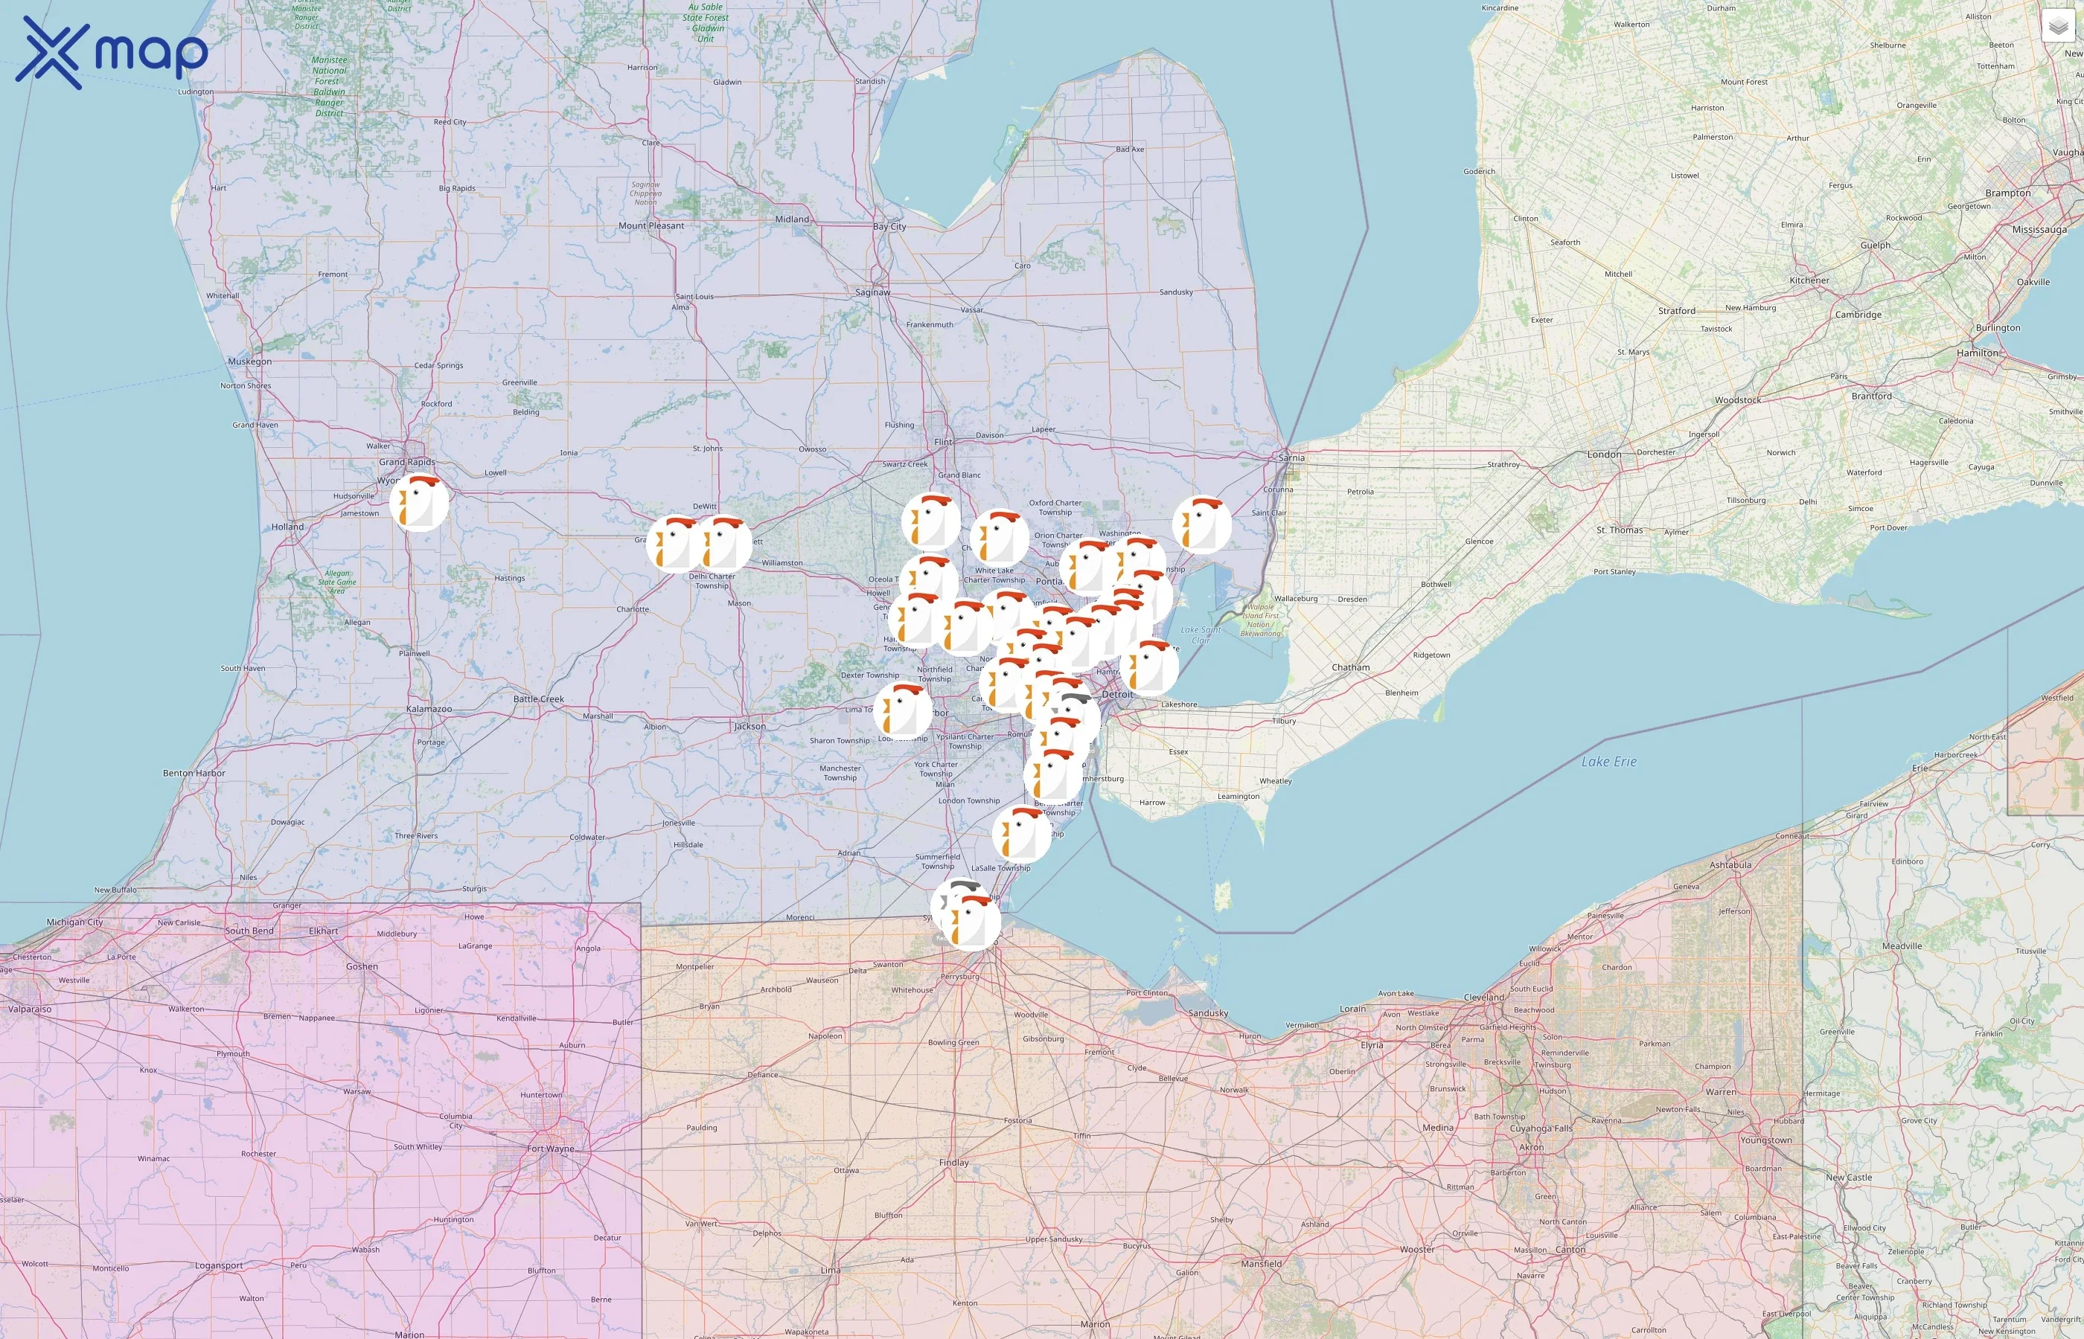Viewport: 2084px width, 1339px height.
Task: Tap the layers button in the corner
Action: (x=2057, y=27)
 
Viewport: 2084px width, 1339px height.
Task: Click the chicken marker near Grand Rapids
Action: (x=419, y=503)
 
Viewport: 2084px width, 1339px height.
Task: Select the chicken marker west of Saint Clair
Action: (x=1201, y=525)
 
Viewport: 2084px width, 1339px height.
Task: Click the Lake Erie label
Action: (x=1608, y=762)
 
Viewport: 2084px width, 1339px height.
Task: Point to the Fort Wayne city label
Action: (x=550, y=1149)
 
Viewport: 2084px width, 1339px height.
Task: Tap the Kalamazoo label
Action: (x=429, y=709)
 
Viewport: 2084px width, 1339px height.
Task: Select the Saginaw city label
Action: (x=872, y=292)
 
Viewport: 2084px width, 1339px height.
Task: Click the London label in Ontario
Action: (x=1604, y=454)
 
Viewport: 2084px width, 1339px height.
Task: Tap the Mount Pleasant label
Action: (x=651, y=225)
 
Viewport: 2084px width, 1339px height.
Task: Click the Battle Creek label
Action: (x=538, y=699)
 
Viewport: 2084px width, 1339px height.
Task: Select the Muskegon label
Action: (x=249, y=362)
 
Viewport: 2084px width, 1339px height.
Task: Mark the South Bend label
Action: (x=249, y=931)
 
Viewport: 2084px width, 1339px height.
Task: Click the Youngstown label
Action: (x=1765, y=1140)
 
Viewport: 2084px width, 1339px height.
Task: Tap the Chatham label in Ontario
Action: (x=1350, y=668)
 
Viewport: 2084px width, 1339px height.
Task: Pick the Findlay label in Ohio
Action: (x=953, y=1163)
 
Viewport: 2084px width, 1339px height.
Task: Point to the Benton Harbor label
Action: (x=194, y=773)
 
